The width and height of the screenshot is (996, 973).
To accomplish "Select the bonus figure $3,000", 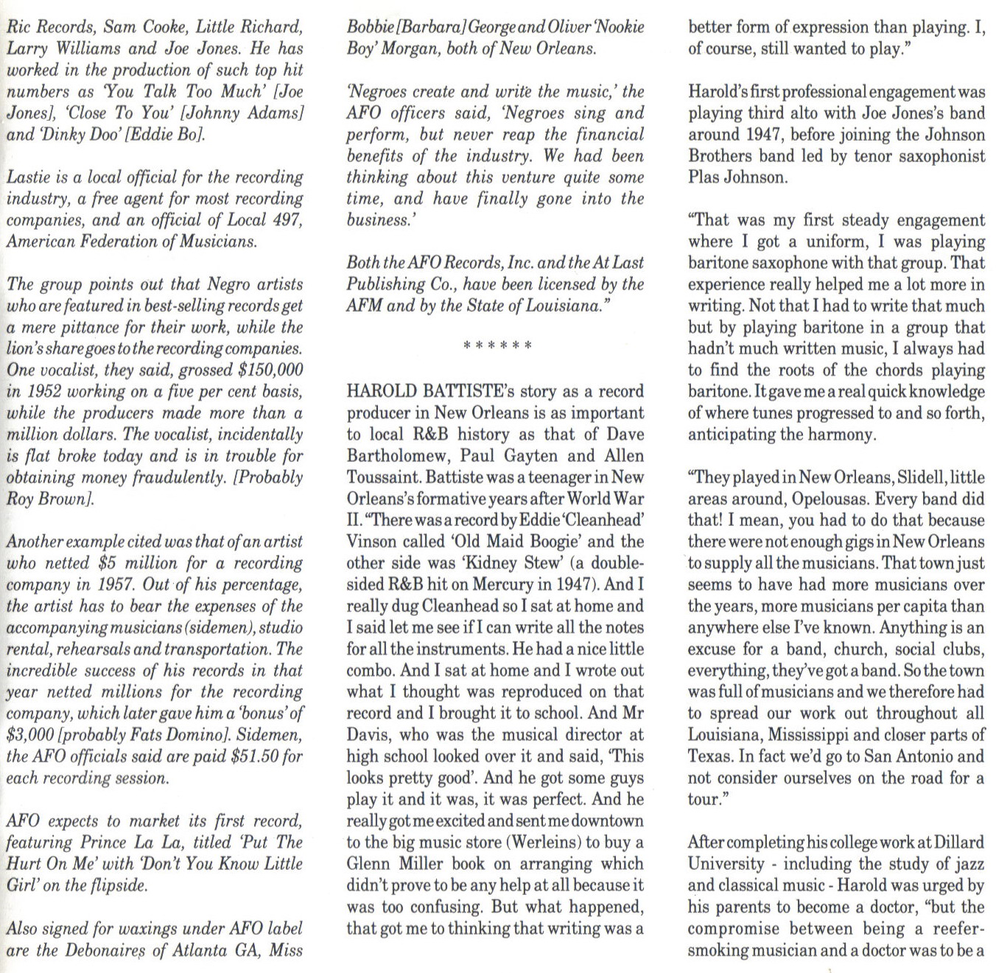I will [x=29, y=735].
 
